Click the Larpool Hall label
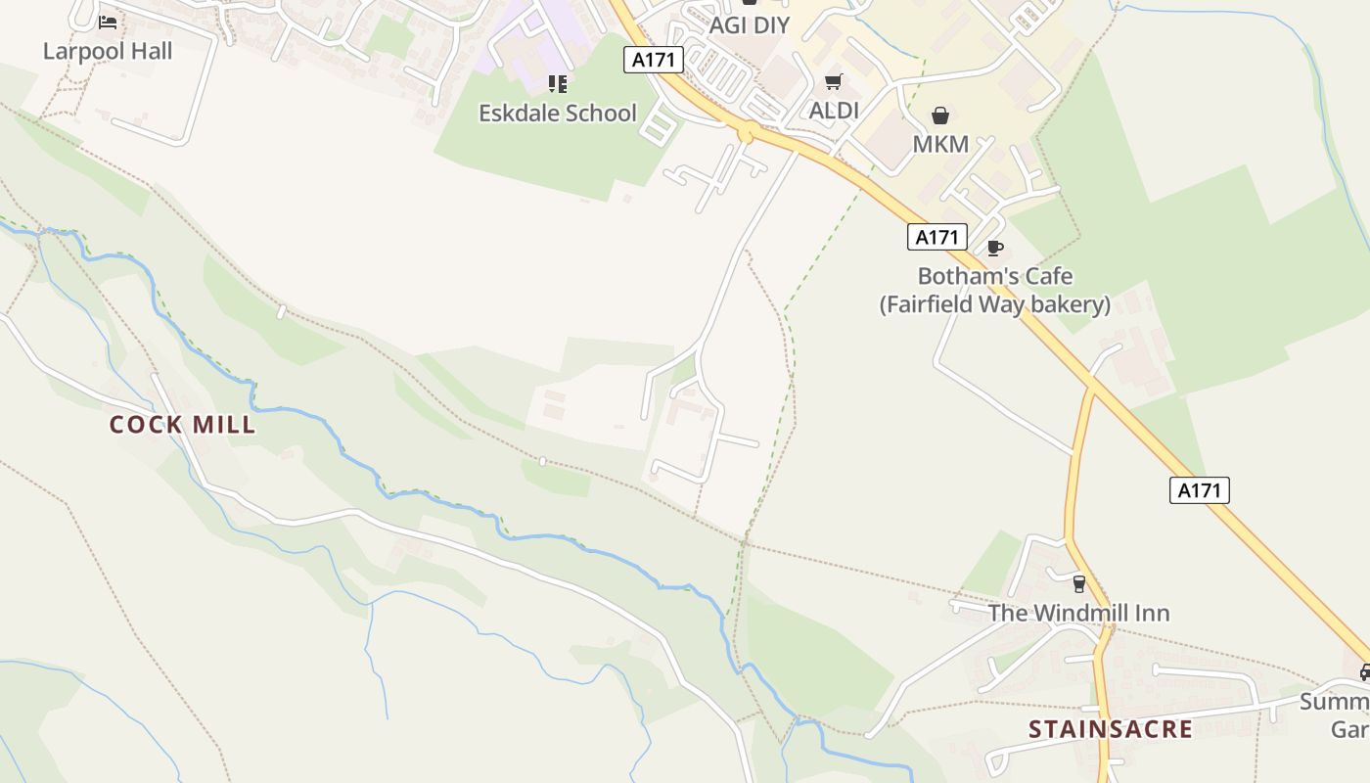click(108, 51)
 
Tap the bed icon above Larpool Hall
click(108, 22)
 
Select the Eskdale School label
click(557, 113)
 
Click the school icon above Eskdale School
click(557, 84)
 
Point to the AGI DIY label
click(749, 25)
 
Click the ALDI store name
click(834, 111)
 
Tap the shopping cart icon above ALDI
click(834, 82)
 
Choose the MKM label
click(940, 144)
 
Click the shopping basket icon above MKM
click(940, 115)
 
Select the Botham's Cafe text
click(994, 276)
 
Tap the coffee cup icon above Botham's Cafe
click(995, 248)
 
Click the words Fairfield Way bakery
click(994, 304)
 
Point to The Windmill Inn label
click(1078, 613)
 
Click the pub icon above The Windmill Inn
click(1078, 584)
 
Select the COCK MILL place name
click(182, 425)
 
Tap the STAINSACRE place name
click(1111, 729)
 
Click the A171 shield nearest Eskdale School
click(654, 60)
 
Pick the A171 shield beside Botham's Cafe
click(936, 237)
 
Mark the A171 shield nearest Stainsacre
click(1199, 490)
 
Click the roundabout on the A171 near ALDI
click(747, 134)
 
